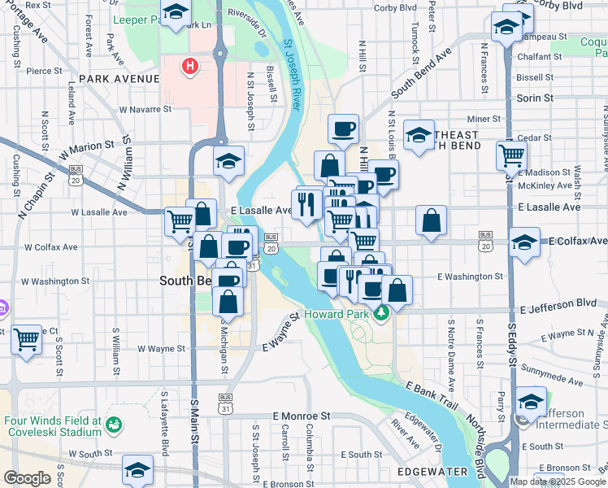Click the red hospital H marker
(190, 65)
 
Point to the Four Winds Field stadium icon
(114, 425)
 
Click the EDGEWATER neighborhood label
(432, 472)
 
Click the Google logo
(27, 477)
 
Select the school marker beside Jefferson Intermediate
(531, 401)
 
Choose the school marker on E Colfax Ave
(524, 242)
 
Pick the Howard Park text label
(336, 313)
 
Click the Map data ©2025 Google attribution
(558, 481)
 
